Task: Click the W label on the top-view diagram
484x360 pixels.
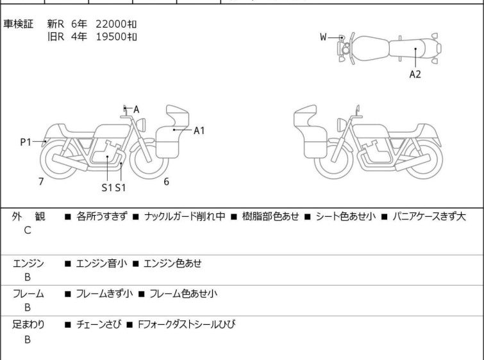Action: (323, 37)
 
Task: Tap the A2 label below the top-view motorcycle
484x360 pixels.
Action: (415, 74)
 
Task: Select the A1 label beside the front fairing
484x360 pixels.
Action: (199, 131)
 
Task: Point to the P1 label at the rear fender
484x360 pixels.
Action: (26, 142)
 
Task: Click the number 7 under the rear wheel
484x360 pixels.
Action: (41, 182)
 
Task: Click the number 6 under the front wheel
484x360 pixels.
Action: (167, 182)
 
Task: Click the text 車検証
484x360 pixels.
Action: (18, 24)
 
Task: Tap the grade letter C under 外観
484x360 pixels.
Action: (28, 230)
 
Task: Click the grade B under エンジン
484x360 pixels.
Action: (28, 277)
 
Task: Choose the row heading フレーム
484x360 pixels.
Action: (28, 293)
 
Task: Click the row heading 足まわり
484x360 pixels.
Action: (28, 325)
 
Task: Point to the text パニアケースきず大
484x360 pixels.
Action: (429, 216)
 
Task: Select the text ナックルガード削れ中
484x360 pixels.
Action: (185, 216)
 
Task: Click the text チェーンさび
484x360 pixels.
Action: (99, 325)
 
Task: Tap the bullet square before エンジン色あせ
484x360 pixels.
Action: (135, 264)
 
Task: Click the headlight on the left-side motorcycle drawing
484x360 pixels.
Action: (141, 124)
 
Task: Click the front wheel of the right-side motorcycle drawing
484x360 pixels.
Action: (333, 159)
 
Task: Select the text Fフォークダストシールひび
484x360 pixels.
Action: (187, 325)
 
